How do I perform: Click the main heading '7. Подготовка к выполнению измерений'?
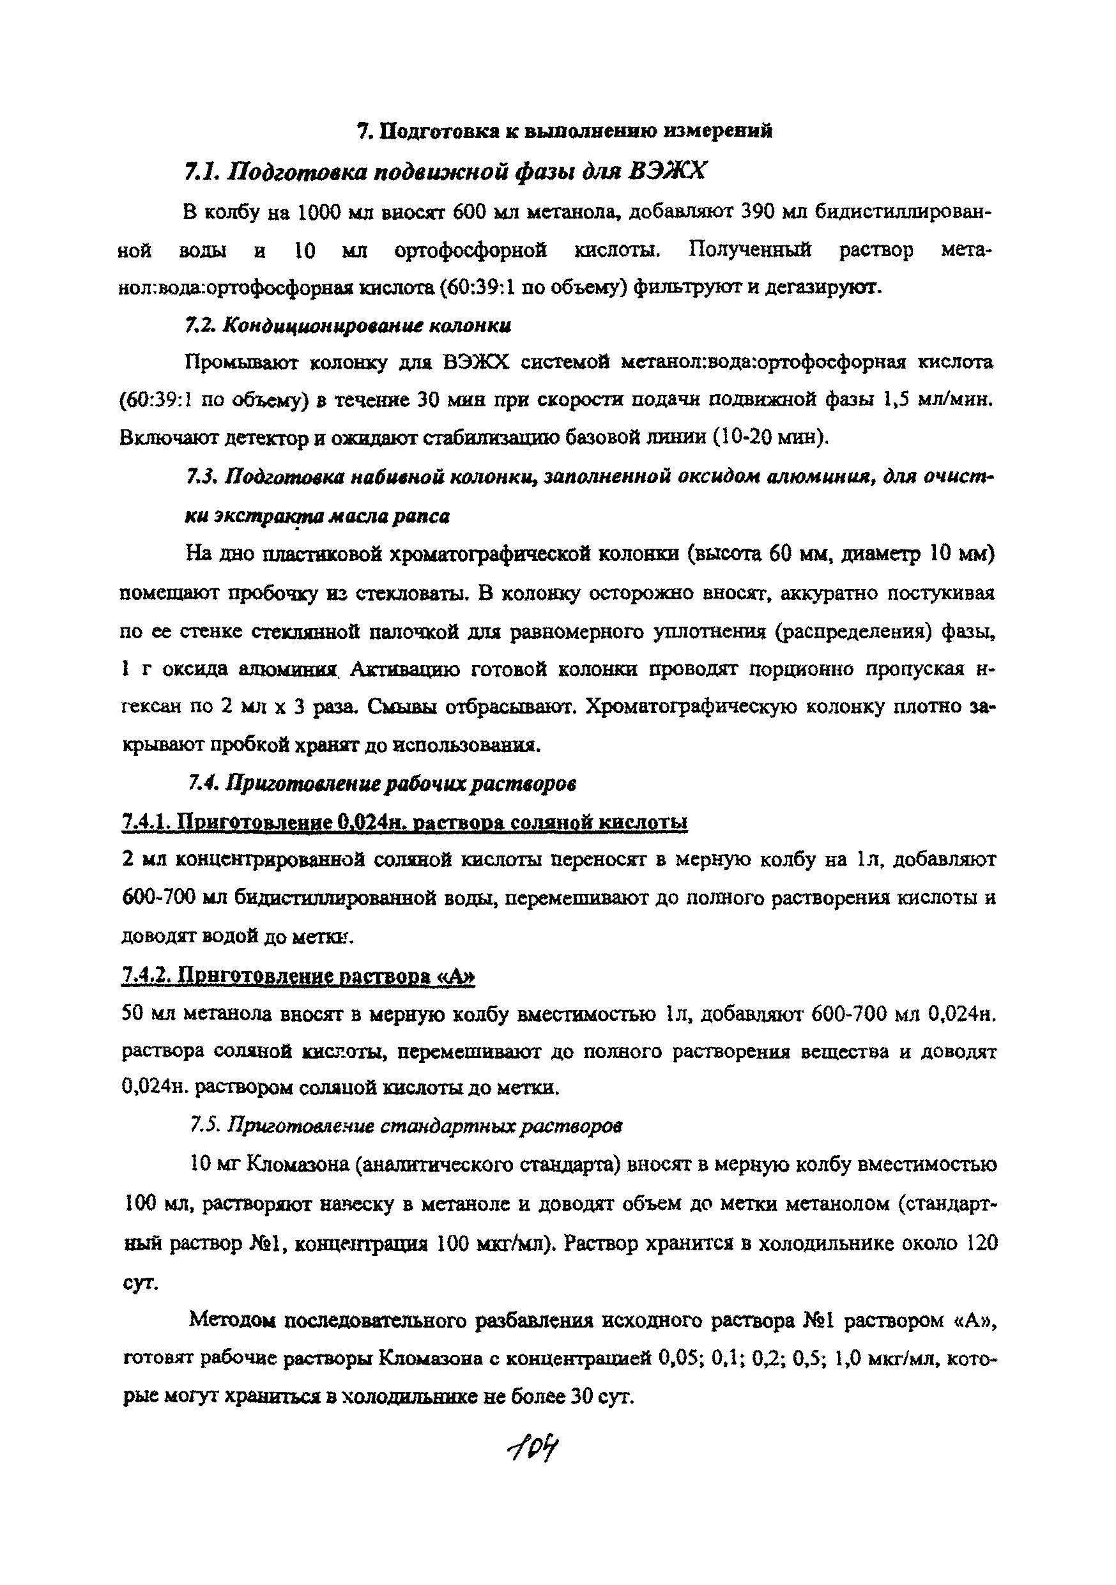click(565, 130)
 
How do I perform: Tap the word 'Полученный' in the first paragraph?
click(749, 249)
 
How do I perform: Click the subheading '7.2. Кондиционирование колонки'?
click(349, 325)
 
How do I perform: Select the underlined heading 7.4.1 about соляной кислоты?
click(404, 822)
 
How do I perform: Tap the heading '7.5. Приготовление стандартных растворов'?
click(405, 1126)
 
